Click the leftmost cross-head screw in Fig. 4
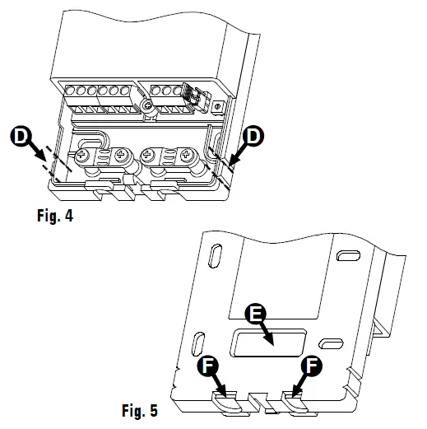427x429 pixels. [84, 156]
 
